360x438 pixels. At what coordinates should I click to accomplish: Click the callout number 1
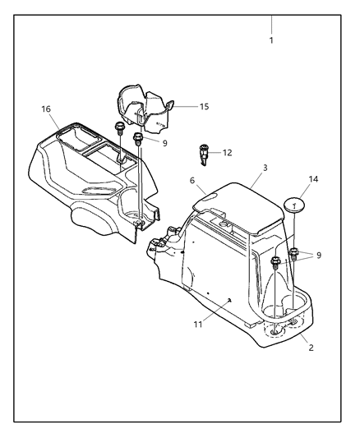tap(271, 40)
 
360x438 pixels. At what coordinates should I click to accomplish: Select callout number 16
tap(46, 109)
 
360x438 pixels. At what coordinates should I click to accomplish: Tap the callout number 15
tap(204, 107)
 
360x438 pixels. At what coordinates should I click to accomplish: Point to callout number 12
tap(228, 153)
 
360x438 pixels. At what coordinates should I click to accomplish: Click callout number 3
tap(265, 168)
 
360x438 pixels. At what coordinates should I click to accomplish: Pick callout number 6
tap(192, 181)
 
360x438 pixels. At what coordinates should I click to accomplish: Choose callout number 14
tap(313, 179)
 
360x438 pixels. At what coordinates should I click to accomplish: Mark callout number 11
tap(198, 325)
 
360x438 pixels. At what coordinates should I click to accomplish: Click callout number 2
tap(311, 348)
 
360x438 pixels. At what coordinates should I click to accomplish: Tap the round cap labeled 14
tap(294, 205)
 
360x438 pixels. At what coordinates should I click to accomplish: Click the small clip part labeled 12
tap(203, 154)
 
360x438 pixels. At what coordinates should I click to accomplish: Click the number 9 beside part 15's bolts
tap(164, 143)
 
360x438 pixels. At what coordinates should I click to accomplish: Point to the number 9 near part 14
tap(319, 255)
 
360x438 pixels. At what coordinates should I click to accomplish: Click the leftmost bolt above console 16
tap(120, 128)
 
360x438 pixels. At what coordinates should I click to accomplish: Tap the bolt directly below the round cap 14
tap(293, 254)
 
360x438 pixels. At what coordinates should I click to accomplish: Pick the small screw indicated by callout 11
tap(229, 300)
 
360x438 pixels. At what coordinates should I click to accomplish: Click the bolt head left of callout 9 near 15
tap(138, 138)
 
